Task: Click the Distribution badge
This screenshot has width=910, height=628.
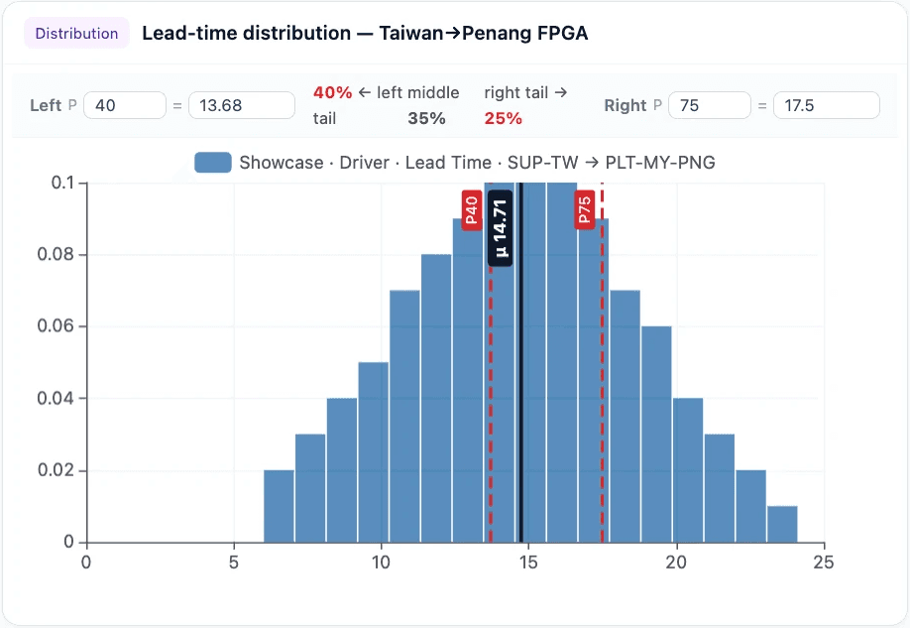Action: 76,33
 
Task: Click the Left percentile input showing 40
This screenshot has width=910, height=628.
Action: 125,105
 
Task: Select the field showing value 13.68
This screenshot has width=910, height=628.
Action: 241,105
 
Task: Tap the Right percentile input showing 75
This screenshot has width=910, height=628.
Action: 709,105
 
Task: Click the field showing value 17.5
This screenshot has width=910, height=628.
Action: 826,105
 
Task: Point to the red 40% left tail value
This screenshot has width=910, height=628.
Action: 333,92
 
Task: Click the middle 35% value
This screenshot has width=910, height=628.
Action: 426,119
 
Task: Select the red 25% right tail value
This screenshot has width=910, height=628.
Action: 504,119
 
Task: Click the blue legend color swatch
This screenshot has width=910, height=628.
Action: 213,163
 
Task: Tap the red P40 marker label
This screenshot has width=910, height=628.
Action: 472,210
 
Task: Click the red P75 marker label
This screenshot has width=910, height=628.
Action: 585,210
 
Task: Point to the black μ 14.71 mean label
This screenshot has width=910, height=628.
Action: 501,228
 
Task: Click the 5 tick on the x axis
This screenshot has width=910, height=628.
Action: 234,563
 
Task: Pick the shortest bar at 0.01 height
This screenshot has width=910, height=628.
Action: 782,524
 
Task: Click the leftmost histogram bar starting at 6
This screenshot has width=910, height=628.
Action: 279,506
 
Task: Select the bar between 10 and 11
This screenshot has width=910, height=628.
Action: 404,417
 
